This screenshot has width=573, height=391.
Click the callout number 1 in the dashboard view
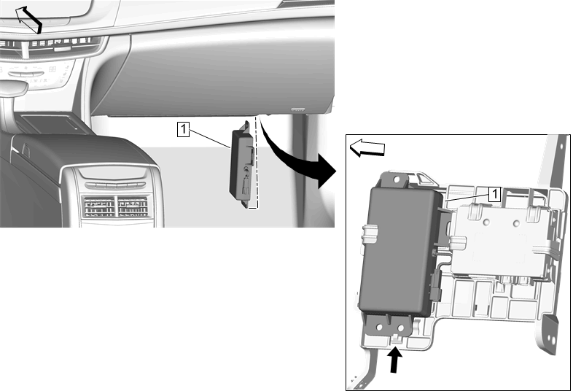183,129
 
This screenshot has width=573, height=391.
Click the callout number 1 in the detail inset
494,194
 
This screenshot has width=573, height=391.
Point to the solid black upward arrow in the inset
394,360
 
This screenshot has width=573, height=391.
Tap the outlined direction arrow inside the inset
367,148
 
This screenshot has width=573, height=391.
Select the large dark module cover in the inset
400,250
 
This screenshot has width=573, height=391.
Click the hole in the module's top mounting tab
397,179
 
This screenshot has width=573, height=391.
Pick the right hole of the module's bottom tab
401,327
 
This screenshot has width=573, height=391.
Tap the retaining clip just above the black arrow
397,339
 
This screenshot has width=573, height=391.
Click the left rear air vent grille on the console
98,206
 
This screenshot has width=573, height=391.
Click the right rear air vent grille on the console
133,207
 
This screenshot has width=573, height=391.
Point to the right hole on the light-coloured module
516,222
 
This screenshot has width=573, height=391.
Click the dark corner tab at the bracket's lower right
550,333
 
